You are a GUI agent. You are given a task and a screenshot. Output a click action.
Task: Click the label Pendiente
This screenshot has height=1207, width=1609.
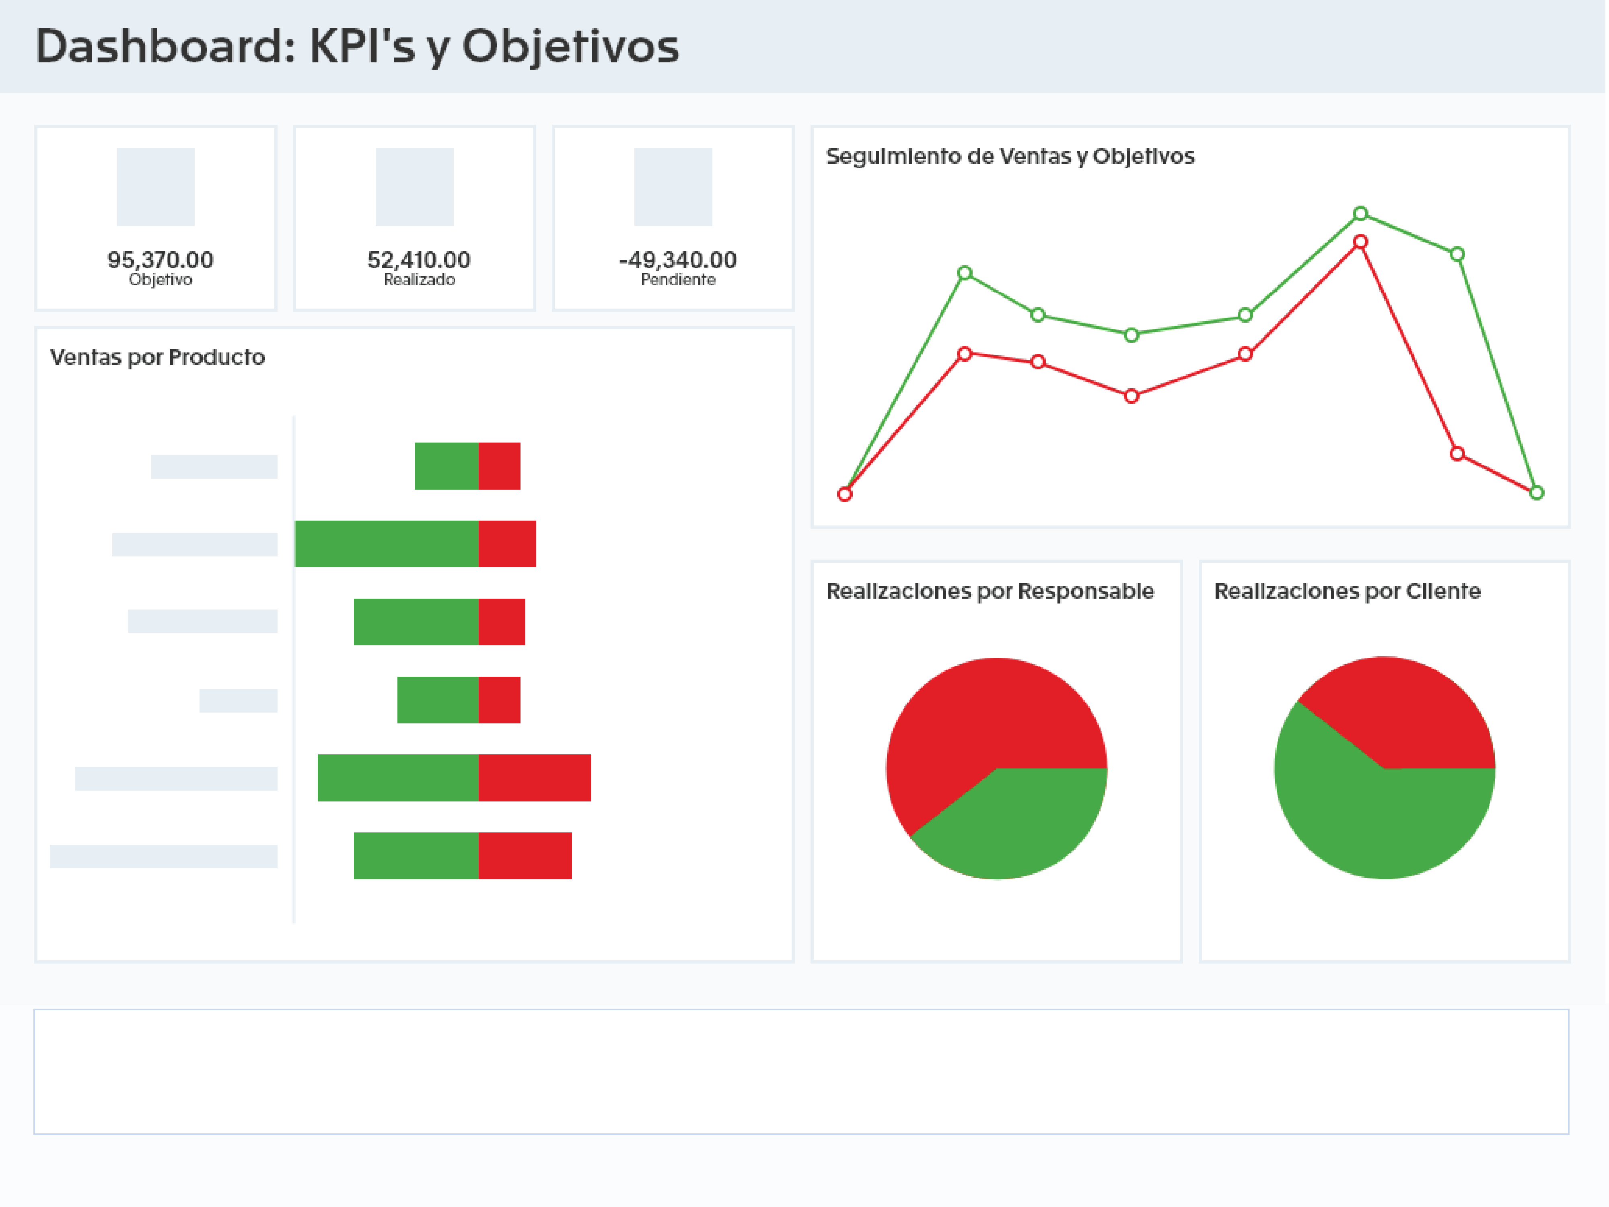point(678,280)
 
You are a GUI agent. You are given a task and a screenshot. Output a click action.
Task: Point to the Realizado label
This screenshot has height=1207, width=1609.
point(419,280)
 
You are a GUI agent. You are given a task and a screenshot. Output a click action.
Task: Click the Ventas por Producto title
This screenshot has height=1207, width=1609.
point(157,357)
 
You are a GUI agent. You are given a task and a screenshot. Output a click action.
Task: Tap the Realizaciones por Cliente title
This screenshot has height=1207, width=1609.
point(1347,591)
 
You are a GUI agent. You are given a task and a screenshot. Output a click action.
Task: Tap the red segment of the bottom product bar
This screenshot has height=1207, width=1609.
point(525,856)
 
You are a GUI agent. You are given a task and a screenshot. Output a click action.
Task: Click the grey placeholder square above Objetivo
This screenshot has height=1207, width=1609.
point(156,187)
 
